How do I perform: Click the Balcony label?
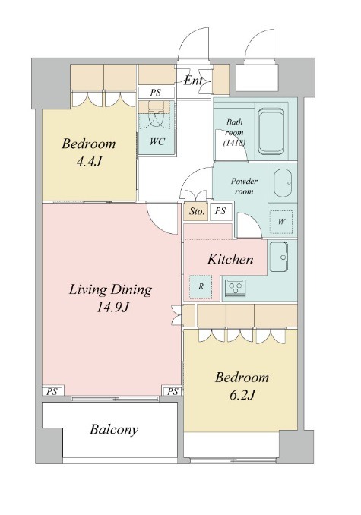114,430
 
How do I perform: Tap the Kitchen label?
230,259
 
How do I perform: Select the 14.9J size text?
112,308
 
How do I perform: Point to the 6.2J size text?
242,396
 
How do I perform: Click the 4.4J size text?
88,162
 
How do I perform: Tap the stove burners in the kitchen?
235,288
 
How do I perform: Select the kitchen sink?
279,257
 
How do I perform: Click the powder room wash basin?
282,183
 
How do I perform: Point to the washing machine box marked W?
281,222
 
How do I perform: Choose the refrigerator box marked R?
201,286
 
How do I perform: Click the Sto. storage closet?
196,211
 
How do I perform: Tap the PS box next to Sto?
220,211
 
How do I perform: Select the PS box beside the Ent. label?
156,93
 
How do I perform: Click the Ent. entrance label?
194,81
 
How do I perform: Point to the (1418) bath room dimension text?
234,144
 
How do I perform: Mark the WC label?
157,141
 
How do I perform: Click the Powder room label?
244,186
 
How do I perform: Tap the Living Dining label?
111,290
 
